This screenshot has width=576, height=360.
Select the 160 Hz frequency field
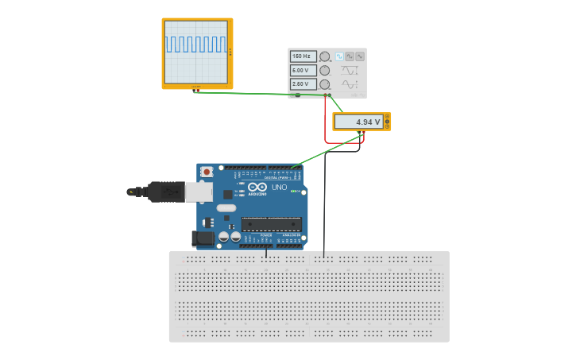tap(303, 56)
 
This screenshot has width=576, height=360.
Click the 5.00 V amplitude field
tap(303, 70)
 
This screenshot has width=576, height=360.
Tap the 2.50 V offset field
tap(303, 83)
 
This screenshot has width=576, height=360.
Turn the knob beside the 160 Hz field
tap(324, 56)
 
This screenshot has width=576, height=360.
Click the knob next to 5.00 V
tap(324, 70)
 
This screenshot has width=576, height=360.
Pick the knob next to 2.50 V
tap(324, 83)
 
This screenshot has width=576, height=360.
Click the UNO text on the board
tap(279, 188)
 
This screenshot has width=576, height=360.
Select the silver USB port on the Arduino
tap(198, 191)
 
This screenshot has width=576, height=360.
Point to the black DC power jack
tap(203, 237)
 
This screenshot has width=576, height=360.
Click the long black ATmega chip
tap(271, 224)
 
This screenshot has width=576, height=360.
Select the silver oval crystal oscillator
tap(226, 208)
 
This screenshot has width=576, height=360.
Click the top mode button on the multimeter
tap(387, 118)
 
